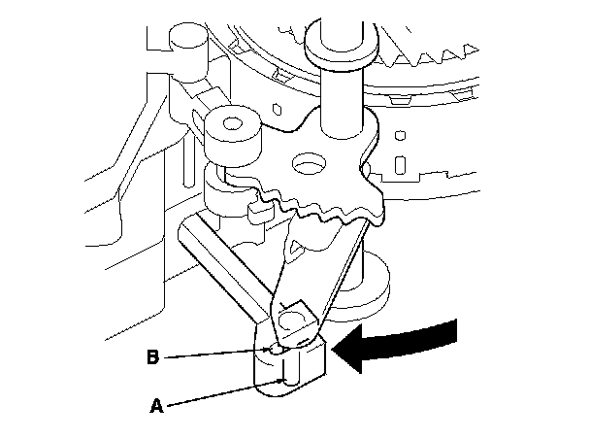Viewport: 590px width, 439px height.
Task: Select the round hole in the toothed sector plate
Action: point(312,165)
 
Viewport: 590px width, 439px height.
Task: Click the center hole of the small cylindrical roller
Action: point(231,123)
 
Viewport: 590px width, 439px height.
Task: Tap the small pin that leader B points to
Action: point(277,347)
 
